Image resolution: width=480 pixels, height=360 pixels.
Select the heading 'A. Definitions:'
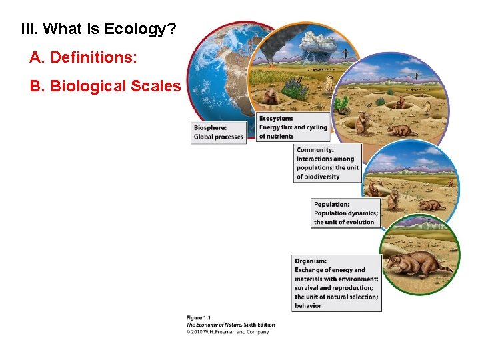click(x=83, y=58)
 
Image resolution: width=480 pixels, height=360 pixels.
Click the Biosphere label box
click(x=219, y=132)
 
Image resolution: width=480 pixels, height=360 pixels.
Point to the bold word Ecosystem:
click(x=276, y=119)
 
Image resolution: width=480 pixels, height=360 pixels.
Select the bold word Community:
click(x=315, y=150)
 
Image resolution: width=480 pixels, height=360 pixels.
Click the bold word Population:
click(x=331, y=205)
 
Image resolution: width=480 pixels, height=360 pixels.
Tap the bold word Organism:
click(x=311, y=261)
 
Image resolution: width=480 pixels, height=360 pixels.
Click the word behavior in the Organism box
click(x=308, y=306)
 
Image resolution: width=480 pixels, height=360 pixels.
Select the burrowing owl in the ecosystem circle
click(x=328, y=82)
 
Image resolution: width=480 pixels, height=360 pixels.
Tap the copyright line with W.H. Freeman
click(x=227, y=331)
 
